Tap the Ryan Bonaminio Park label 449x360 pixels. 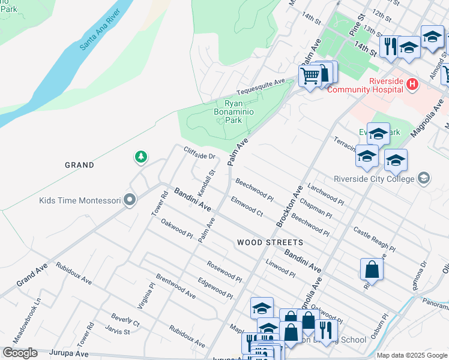coord(228,112)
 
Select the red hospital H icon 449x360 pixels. coord(412,85)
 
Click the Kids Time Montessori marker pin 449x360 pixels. coord(129,200)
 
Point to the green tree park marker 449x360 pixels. coord(140,157)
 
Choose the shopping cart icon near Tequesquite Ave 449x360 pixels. coord(309,76)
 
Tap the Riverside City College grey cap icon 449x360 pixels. coord(424,178)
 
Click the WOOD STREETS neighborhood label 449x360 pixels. coord(270,242)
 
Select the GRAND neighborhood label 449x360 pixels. coord(80,165)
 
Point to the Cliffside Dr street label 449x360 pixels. coord(200,153)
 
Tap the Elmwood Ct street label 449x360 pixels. coord(247,205)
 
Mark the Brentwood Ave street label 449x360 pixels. coord(176,287)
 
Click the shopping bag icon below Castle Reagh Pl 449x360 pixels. coord(372,270)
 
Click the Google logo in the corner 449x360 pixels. coord(20,353)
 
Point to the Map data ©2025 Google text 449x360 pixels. coord(412,355)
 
